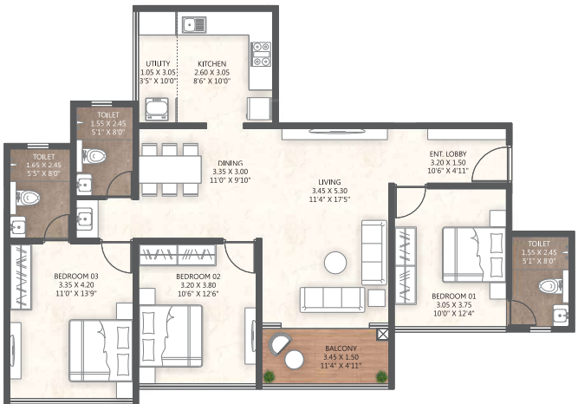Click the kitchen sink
point(194,25)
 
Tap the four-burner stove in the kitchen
point(261,55)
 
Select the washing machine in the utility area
point(157,109)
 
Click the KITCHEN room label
point(212,63)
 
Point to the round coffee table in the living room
point(335,263)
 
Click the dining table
point(170,169)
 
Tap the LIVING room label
point(329,182)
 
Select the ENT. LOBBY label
point(448,153)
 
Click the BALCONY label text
point(341,349)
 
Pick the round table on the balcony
point(294,360)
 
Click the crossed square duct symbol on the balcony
point(382,335)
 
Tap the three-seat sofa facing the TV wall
point(332,300)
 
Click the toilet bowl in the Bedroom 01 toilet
point(551,286)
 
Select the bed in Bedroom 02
point(171,336)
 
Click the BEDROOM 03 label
point(76,276)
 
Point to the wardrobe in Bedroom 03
point(20,277)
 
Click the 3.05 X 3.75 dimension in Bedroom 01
point(453,305)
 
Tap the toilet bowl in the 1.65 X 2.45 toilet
point(28,199)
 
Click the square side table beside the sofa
point(377,298)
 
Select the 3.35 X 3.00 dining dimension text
point(231,172)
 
